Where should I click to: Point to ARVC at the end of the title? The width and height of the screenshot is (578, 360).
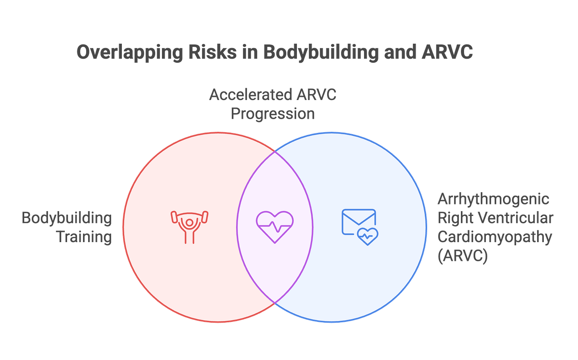pyautogui.click(x=447, y=52)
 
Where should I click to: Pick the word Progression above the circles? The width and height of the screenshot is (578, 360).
pyautogui.click(x=273, y=114)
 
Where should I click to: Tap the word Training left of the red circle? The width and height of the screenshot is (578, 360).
pyautogui.click(x=85, y=237)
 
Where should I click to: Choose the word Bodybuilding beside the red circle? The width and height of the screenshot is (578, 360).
pyautogui.click(x=67, y=218)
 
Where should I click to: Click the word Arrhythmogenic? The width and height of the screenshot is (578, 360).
pyautogui.click(x=493, y=199)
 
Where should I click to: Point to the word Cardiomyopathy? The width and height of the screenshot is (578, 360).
pyautogui.click(x=495, y=237)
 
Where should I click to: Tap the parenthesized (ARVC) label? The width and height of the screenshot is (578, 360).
pyautogui.click(x=462, y=256)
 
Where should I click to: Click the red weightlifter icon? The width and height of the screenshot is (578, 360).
pyautogui.click(x=189, y=227)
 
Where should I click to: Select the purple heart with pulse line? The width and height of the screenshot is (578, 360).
pyautogui.click(x=275, y=227)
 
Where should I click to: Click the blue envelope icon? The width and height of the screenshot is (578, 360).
pyautogui.click(x=358, y=221)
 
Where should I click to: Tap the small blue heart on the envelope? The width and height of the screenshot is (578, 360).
pyautogui.click(x=368, y=236)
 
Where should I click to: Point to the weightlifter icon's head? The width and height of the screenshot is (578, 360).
pyautogui.click(x=189, y=221)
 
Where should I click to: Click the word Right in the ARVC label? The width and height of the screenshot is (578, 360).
pyautogui.click(x=454, y=218)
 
